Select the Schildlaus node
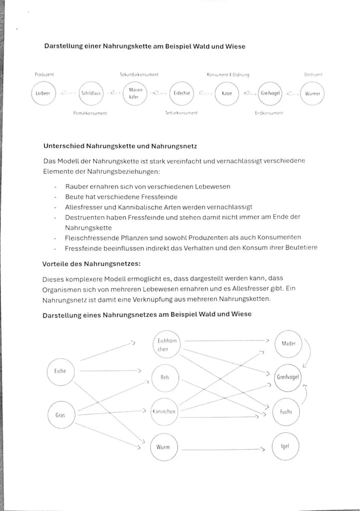click(x=91, y=94)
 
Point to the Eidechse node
click(x=182, y=94)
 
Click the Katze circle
click(x=227, y=94)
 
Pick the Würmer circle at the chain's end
click(x=312, y=94)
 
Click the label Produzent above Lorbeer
click(x=44, y=75)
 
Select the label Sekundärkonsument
click(x=139, y=75)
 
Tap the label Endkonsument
click(x=269, y=113)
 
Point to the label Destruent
click(x=313, y=75)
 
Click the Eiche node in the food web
click(x=60, y=371)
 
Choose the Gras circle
click(x=61, y=415)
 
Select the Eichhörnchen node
click(x=167, y=345)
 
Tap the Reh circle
click(x=165, y=377)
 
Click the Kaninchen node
click(x=164, y=412)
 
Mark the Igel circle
click(x=285, y=446)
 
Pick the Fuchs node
click(x=286, y=412)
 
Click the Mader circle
click(x=288, y=343)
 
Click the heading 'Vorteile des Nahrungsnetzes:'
click(x=91, y=264)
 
